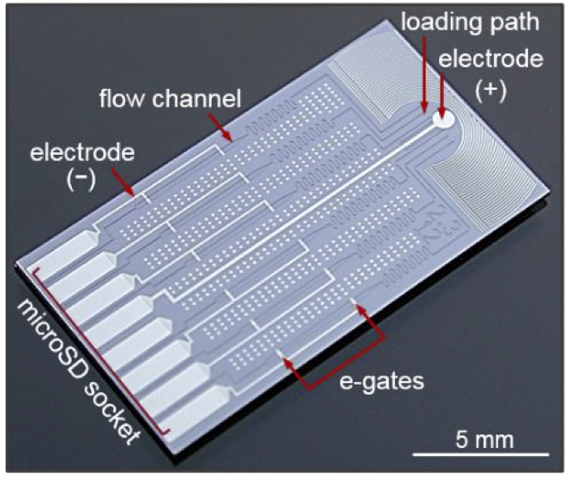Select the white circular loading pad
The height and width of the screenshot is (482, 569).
pos(444,121)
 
